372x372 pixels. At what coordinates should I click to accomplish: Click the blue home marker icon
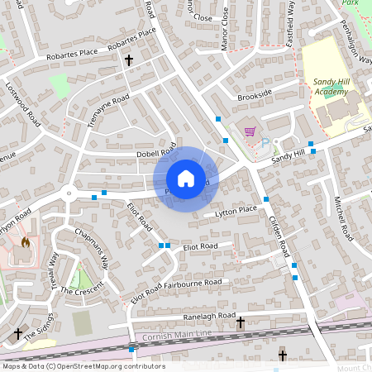coord(186,178)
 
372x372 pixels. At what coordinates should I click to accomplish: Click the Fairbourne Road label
coord(193,283)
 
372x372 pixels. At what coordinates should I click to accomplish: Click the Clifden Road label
coord(279,234)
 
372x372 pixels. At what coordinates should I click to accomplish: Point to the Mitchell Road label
coord(340,213)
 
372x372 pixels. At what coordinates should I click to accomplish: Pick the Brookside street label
coord(254,95)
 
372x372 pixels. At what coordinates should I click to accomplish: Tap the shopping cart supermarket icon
coord(249,130)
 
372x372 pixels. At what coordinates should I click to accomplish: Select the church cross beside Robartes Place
coord(128,60)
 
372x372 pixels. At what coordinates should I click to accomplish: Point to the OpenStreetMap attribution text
coord(83,365)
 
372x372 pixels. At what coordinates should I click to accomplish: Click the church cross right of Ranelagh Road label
coord(241,322)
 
